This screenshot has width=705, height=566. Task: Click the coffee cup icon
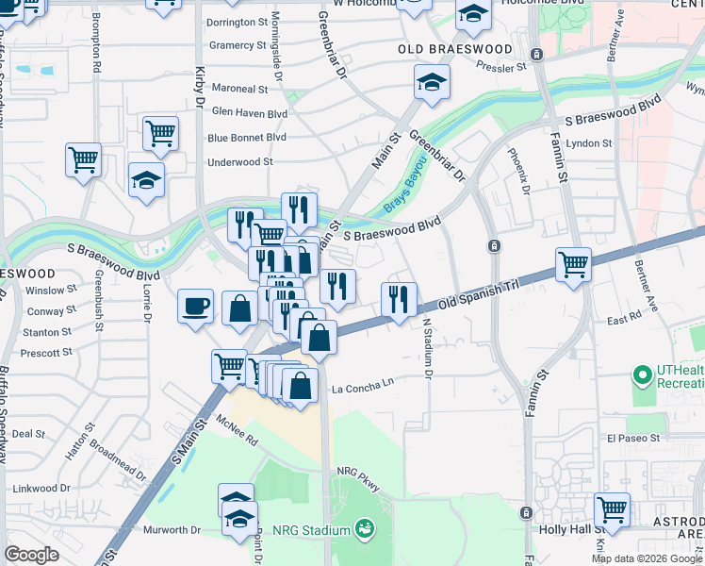coord(196,306)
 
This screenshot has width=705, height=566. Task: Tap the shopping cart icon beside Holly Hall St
coord(613,509)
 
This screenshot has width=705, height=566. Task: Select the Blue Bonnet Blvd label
coord(246,138)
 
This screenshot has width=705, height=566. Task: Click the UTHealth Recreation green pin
coord(644,375)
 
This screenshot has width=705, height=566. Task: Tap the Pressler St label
coord(500,68)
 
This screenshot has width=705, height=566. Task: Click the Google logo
coord(32,555)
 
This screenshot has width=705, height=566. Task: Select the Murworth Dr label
coord(172,530)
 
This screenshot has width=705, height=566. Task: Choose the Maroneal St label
coord(239,89)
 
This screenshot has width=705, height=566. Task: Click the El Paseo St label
coord(633,439)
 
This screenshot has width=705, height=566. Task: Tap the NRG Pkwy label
coord(357,478)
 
